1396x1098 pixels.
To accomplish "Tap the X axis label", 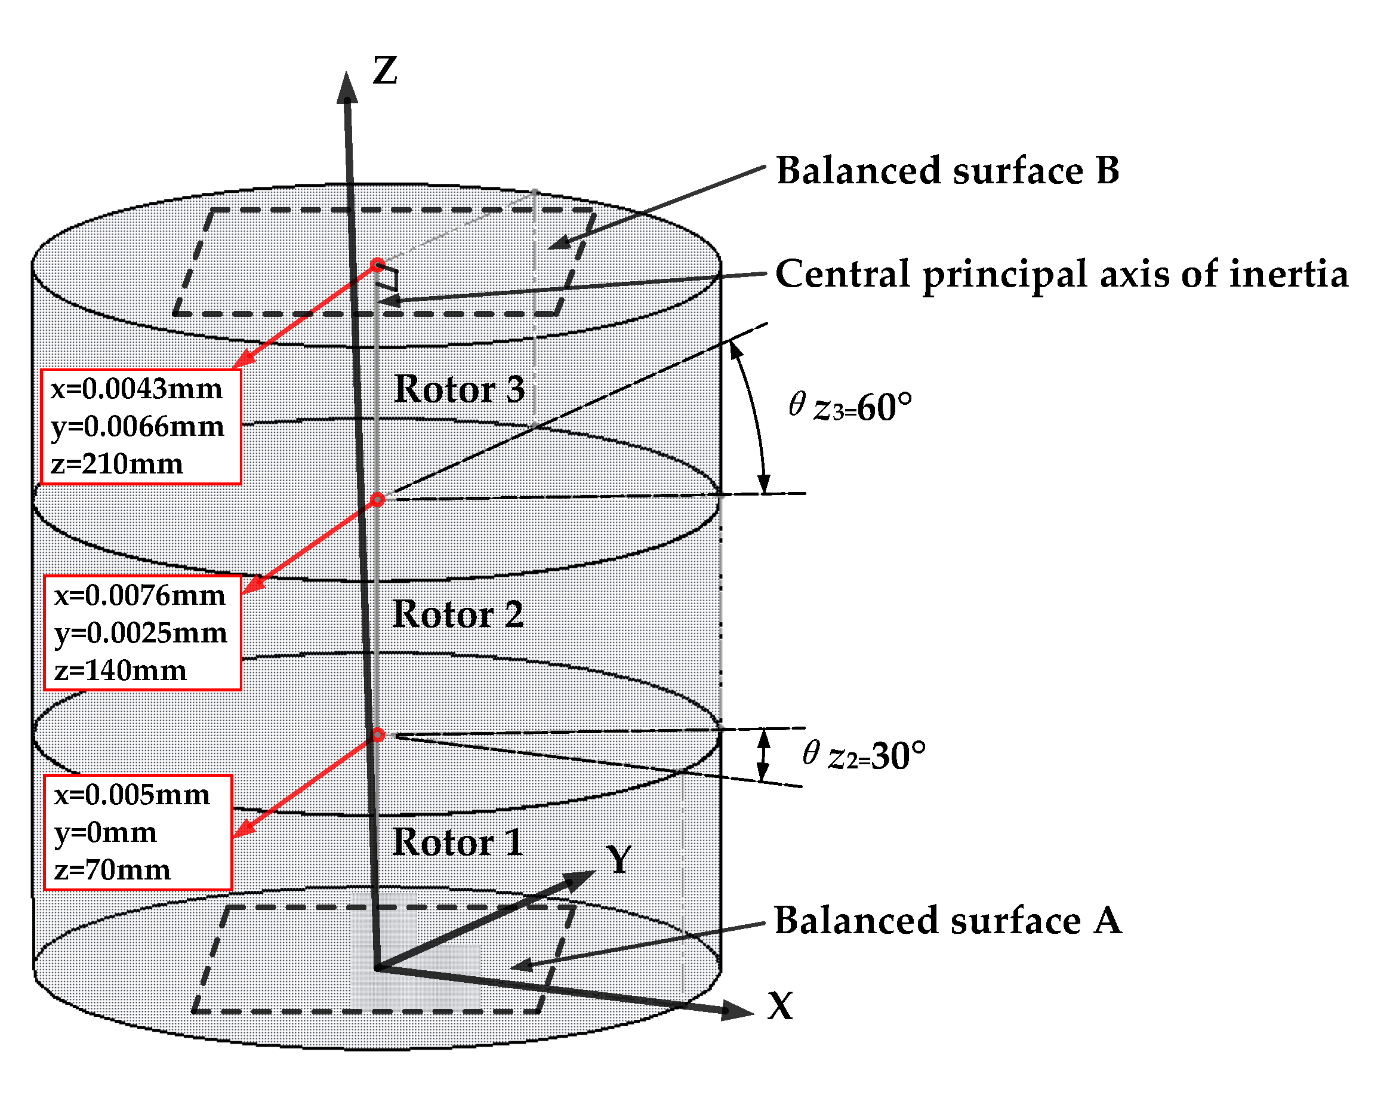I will tap(780, 1005).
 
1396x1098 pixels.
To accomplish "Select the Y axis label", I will tap(620, 860).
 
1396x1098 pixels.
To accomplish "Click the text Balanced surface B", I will tap(948, 171).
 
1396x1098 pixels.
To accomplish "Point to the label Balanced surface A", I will tap(948, 921).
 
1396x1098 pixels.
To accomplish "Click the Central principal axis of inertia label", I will tap(1061, 275).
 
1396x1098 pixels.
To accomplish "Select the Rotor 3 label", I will tap(460, 389).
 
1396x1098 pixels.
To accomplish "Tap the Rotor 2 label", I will tap(458, 614).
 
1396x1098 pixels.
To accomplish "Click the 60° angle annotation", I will tap(850, 408).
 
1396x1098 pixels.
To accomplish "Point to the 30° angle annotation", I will tap(864, 755).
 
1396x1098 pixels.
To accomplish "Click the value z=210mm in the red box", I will tap(117, 463).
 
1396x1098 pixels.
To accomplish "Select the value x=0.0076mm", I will tap(140, 595).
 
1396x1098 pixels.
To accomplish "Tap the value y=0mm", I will tap(106, 832).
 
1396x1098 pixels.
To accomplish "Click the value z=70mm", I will tap(112, 870).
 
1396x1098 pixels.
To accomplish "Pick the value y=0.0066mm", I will tap(137, 426).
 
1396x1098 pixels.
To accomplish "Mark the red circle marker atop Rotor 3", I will tap(378, 265).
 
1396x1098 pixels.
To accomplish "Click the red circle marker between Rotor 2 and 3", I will tap(378, 499).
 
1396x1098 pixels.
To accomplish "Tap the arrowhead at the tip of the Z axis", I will tap(347, 88).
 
